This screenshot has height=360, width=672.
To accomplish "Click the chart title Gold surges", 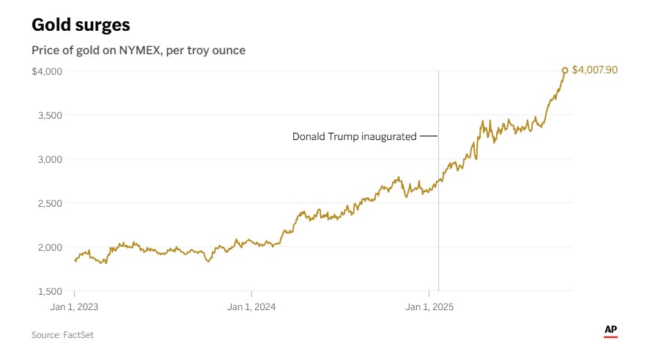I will [81, 24].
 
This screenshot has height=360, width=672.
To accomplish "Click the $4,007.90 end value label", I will [594, 70].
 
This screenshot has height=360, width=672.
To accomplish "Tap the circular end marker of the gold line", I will [564, 70].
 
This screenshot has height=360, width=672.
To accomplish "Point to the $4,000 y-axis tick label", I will [46, 71].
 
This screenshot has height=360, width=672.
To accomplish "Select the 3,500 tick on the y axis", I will [50, 115].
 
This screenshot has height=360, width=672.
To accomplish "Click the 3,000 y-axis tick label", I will [50, 159].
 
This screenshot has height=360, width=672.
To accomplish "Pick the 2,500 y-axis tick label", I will [50, 203].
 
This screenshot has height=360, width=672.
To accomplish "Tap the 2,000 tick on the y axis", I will [50, 247].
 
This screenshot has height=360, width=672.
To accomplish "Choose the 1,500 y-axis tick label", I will [50, 291].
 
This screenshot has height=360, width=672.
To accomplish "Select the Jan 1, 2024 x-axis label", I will [251, 307].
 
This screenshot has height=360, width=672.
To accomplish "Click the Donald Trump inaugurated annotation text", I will [354, 136].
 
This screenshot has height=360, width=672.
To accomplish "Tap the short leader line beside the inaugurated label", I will [429, 136].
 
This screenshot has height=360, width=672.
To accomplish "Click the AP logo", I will [610, 331].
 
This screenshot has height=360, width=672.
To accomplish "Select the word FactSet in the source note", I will [78, 335].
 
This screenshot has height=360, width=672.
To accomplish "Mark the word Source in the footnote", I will [45, 335].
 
